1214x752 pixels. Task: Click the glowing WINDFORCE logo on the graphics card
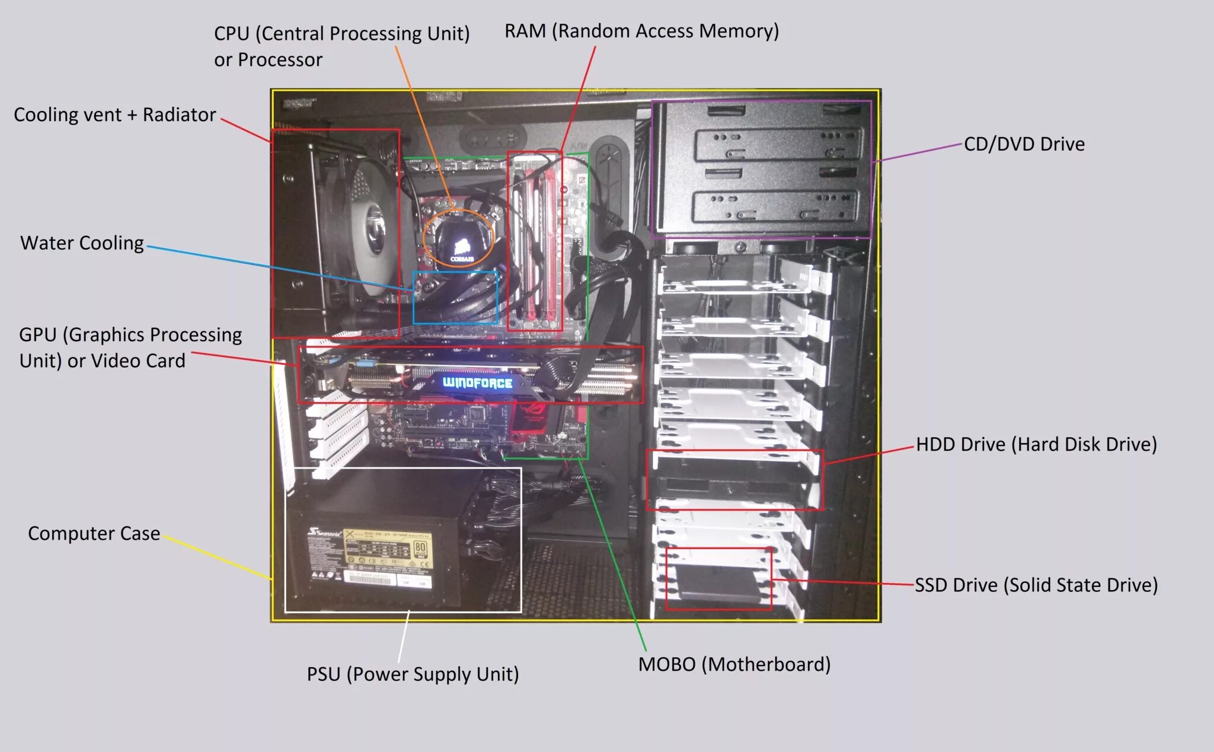[x=477, y=383]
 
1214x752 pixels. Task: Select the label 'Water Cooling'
[x=82, y=243]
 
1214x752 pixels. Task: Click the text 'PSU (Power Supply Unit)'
[x=413, y=674]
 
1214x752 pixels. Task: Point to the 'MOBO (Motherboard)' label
[x=734, y=664]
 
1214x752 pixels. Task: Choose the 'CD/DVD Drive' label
[x=1024, y=144]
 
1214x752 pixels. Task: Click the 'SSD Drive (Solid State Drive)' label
[x=1036, y=585]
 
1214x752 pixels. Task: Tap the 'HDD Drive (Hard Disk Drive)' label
[x=1036, y=445]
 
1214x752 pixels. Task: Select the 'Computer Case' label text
[x=94, y=534]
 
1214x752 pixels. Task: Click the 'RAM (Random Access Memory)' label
[x=641, y=31]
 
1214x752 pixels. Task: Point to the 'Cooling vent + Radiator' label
[x=114, y=115]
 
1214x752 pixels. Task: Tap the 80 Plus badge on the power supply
[x=420, y=548]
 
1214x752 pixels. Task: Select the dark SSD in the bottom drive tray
[x=717, y=581]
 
